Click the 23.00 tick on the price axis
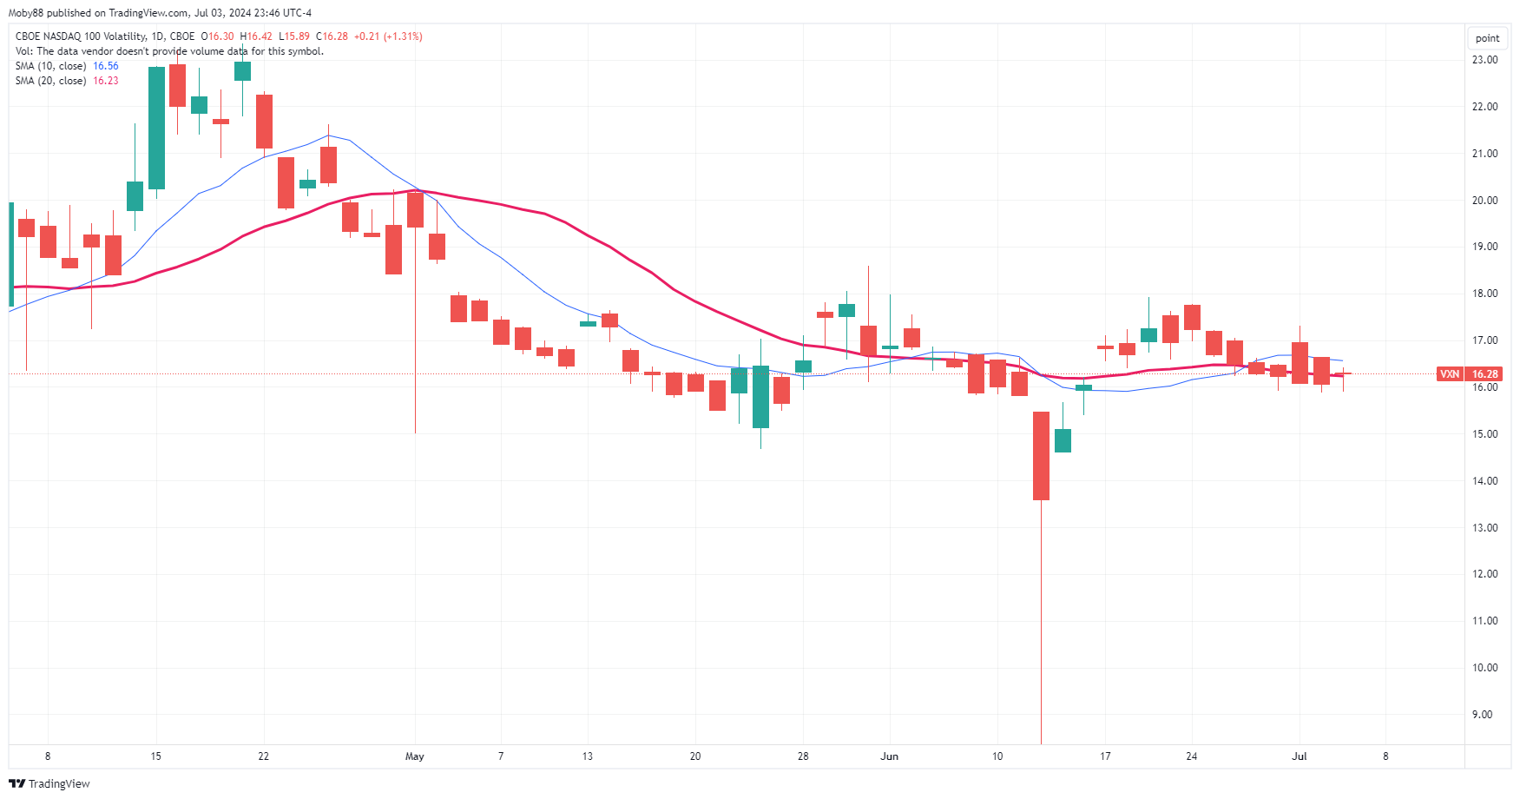(x=1484, y=60)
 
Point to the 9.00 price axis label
(x=1484, y=715)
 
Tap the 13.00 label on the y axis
(x=1484, y=528)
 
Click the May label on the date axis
(x=415, y=756)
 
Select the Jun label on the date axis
(x=889, y=756)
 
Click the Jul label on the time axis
(x=1299, y=756)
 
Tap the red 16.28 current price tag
(x=1484, y=374)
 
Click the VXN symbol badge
(x=1450, y=374)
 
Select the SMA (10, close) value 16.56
(x=106, y=66)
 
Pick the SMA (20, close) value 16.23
(x=106, y=81)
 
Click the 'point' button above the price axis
(x=1487, y=38)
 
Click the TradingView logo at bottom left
(x=49, y=783)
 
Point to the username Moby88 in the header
(x=26, y=13)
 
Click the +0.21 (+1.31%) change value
(x=388, y=36)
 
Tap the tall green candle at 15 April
(x=156, y=128)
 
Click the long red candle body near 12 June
(x=1041, y=456)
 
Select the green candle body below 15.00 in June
(x=1063, y=440)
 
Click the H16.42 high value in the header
(x=256, y=36)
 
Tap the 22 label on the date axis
(x=264, y=756)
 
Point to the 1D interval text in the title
(x=157, y=36)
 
